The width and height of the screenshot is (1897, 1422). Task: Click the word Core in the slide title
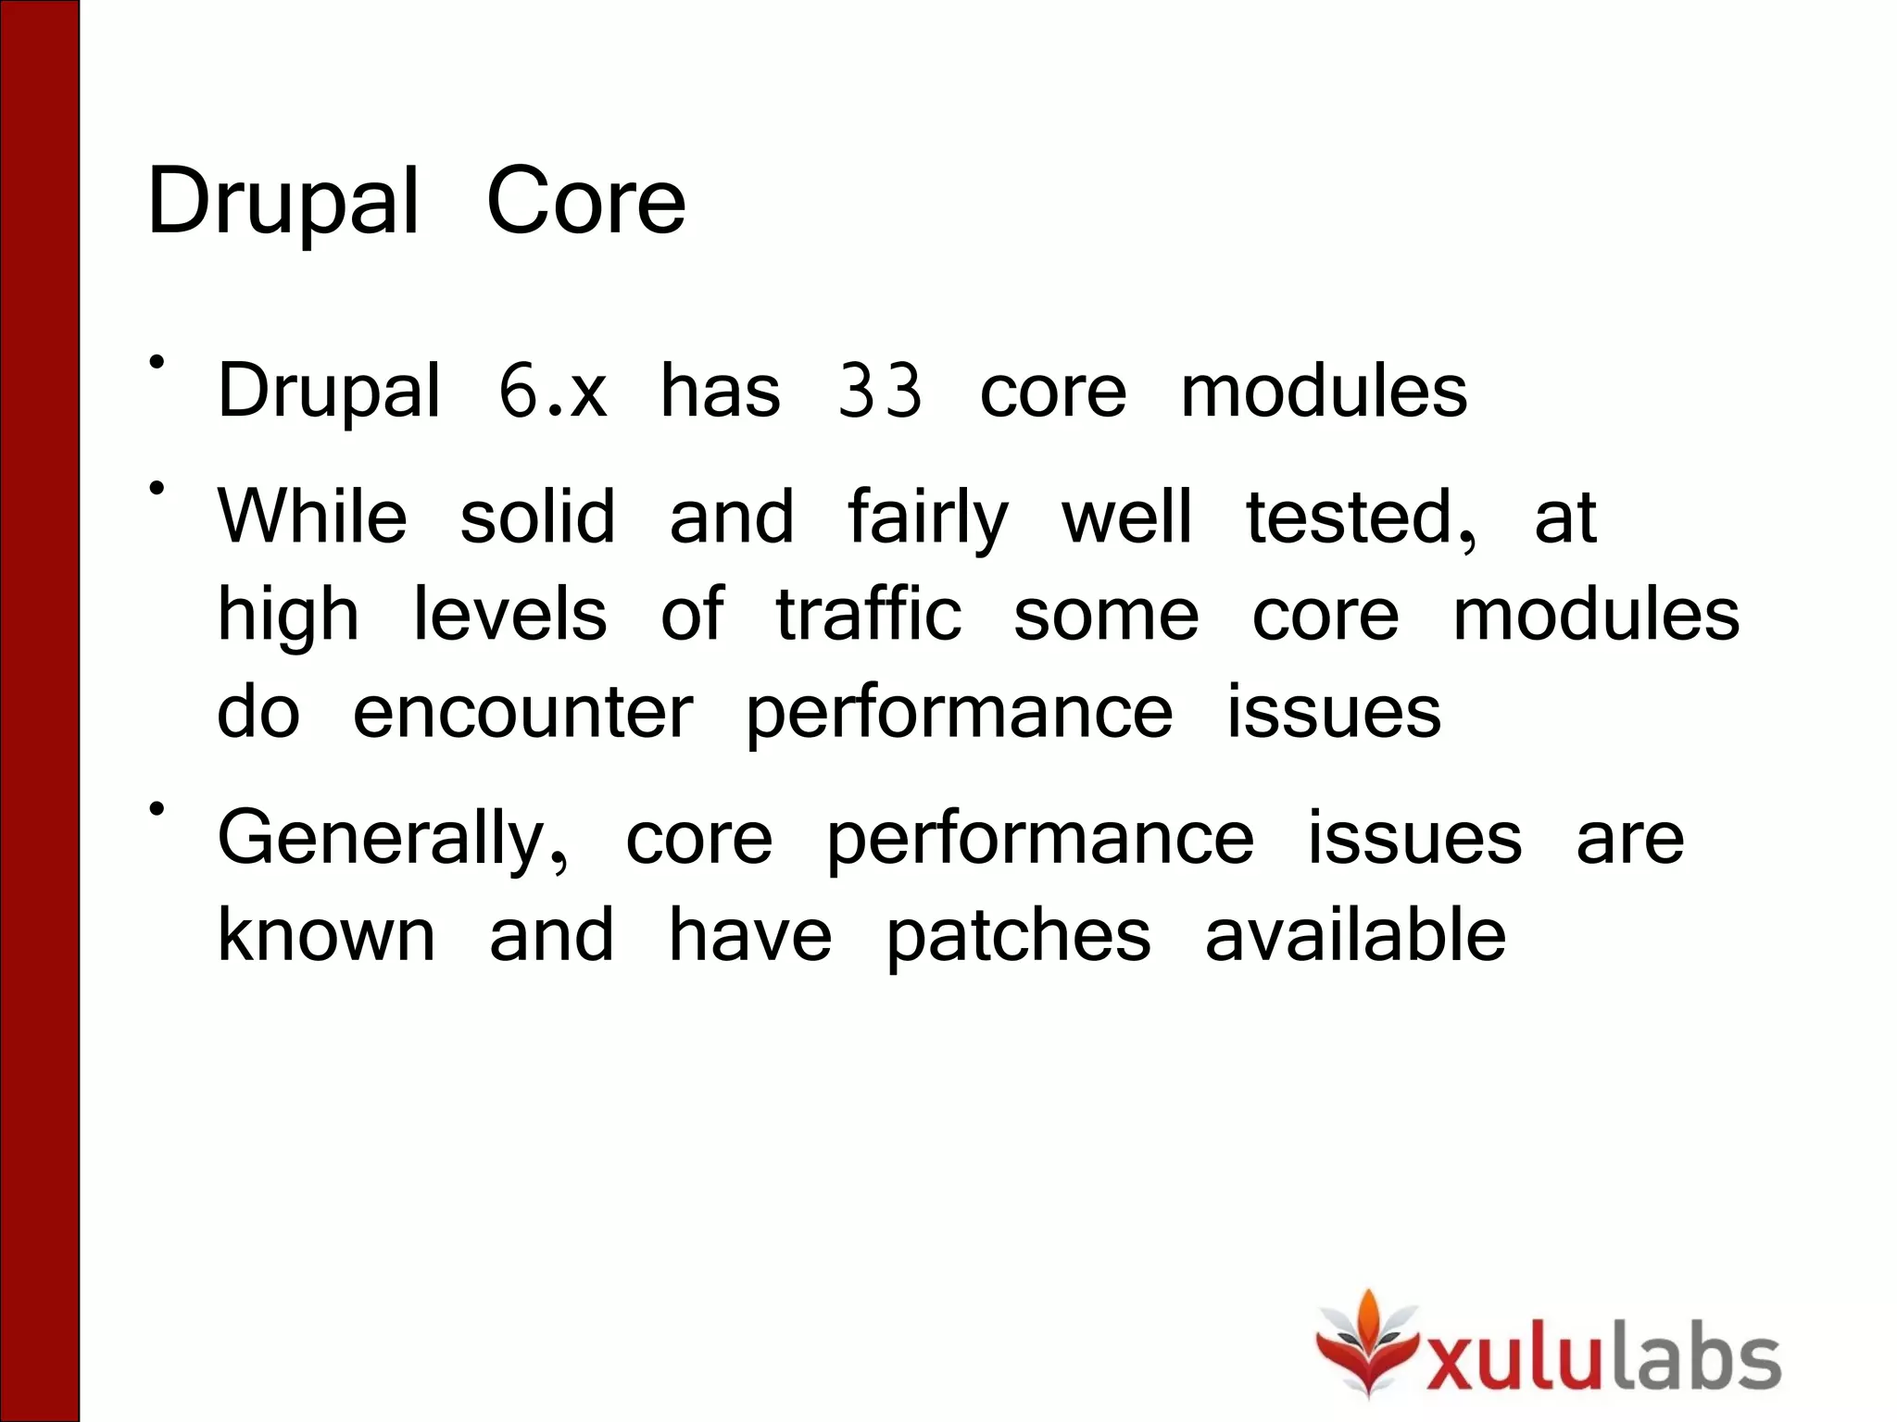coord(585,201)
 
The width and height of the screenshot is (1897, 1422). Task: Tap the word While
coord(312,516)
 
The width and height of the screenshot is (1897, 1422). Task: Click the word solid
coord(537,516)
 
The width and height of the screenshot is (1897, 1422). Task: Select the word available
coord(1355,935)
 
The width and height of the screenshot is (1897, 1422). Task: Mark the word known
coord(326,935)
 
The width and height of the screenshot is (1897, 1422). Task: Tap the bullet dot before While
coord(157,487)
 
